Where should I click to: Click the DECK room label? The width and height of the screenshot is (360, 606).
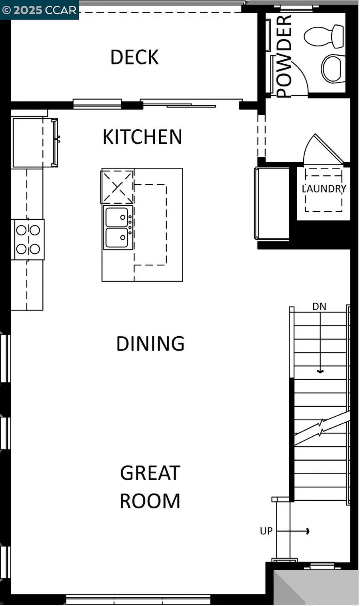tap(134, 57)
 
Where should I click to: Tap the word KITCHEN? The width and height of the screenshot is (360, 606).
tap(142, 137)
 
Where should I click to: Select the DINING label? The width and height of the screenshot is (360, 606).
tap(150, 344)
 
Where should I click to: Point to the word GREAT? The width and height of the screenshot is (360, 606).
tap(150, 473)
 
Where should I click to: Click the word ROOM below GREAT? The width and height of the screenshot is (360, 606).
tap(150, 501)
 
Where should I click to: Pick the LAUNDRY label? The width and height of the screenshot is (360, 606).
tap(324, 189)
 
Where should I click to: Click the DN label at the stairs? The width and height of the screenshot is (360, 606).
tap(319, 307)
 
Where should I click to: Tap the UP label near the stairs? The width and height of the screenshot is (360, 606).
tap(266, 531)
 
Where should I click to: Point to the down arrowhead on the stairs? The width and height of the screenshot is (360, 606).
tap(320, 371)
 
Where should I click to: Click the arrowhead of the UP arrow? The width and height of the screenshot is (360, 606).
tap(307, 531)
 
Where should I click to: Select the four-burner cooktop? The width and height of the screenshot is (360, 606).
tap(28, 239)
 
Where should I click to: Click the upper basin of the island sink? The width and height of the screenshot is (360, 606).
tap(117, 217)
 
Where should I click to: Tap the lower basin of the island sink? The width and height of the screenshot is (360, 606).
tap(117, 238)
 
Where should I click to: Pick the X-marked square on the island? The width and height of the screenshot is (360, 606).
tap(117, 187)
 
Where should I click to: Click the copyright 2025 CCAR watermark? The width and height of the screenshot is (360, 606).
tap(39, 10)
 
